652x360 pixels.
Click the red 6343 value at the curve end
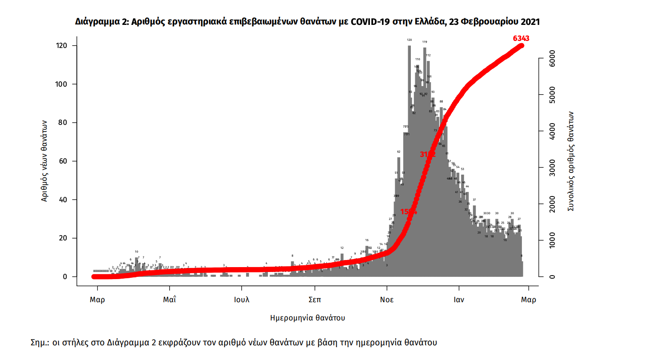click(521, 39)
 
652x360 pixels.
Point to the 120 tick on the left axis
click(62, 46)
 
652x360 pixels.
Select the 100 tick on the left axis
click(62, 84)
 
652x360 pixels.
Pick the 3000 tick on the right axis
click(551, 168)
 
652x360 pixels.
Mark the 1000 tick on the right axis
click(551, 240)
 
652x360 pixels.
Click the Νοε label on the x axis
click(386, 300)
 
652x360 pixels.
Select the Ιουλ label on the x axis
click(242, 300)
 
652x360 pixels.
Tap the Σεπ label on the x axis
click(314, 300)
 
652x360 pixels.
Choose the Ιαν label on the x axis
click(459, 300)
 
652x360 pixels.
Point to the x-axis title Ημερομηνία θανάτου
click(308, 318)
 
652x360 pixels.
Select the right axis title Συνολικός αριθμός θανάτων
click(571, 161)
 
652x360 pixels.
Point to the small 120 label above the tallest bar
click(409, 40)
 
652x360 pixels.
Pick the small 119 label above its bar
click(425, 42)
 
